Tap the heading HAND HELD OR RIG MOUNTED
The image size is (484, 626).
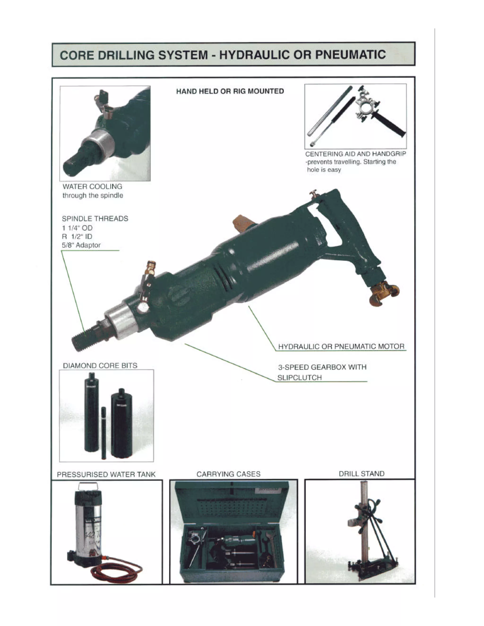click(230, 91)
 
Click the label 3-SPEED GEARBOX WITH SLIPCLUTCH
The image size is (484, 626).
click(322, 372)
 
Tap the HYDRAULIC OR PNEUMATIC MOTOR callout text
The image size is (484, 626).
click(341, 346)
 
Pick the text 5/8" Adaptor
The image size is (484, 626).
click(81, 245)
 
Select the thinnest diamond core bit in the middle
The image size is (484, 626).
click(104, 433)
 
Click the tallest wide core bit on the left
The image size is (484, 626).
click(91, 413)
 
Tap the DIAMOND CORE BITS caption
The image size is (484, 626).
click(100, 365)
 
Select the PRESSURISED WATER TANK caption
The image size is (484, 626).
click(106, 474)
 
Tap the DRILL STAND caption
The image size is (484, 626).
click(361, 474)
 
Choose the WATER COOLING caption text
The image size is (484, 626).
click(92, 186)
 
